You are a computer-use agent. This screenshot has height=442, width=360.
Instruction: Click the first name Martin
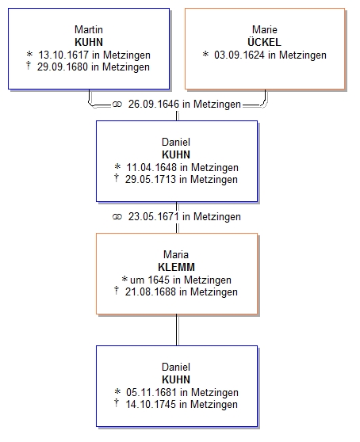tap(89, 29)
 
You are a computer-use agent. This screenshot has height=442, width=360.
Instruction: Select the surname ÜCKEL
tap(264, 42)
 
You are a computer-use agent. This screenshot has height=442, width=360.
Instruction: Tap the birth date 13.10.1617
tap(63, 55)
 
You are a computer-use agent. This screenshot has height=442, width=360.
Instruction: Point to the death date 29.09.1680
tap(63, 67)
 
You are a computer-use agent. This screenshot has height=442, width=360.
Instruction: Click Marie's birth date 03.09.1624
tap(239, 55)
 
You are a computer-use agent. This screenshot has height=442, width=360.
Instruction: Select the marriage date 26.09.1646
tap(154, 104)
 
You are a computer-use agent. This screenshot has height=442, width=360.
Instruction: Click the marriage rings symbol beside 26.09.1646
tap(117, 105)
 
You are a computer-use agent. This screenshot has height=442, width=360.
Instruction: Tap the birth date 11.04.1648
tap(151, 167)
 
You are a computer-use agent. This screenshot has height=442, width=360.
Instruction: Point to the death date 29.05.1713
tap(151, 179)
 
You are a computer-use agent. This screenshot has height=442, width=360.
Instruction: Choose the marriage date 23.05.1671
tap(154, 216)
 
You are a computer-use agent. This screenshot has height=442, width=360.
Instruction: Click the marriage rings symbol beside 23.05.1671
tap(117, 217)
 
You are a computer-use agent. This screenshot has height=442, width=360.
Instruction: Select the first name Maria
tap(176, 254)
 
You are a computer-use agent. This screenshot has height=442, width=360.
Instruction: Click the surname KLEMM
tap(176, 267)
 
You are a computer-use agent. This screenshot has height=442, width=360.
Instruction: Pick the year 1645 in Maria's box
tap(159, 280)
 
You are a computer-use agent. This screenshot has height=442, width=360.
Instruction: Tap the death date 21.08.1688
tap(151, 291)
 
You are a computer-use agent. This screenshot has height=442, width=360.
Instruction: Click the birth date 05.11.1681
tap(151, 392)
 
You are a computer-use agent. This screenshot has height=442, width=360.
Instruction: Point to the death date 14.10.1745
tap(151, 404)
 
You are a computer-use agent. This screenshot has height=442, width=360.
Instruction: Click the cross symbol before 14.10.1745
tap(117, 403)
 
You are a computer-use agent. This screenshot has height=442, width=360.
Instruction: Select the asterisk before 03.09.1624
tap(205, 54)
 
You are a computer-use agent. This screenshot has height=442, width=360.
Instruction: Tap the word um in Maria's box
tap(137, 280)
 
